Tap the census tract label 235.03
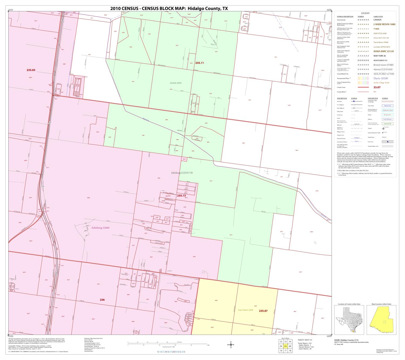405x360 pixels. (x=31, y=70)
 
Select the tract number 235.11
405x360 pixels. (x=199, y=63)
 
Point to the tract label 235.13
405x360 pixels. (x=181, y=195)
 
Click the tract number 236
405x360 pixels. (x=102, y=300)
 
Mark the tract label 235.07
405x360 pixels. (x=263, y=311)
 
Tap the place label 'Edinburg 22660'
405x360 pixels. (x=100, y=228)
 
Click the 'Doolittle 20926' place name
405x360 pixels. (x=175, y=83)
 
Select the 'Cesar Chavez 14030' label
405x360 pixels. (x=245, y=310)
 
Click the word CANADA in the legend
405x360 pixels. (x=377, y=20)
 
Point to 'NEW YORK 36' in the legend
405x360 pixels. (x=379, y=56)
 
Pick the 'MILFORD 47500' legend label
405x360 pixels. (x=383, y=74)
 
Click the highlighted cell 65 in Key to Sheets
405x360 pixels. (x=285, y=346)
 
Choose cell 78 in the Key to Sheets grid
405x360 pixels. (x=290, y=351)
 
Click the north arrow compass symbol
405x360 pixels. (x=231, y=345)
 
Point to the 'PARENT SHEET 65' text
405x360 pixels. (x=305, y=340)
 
